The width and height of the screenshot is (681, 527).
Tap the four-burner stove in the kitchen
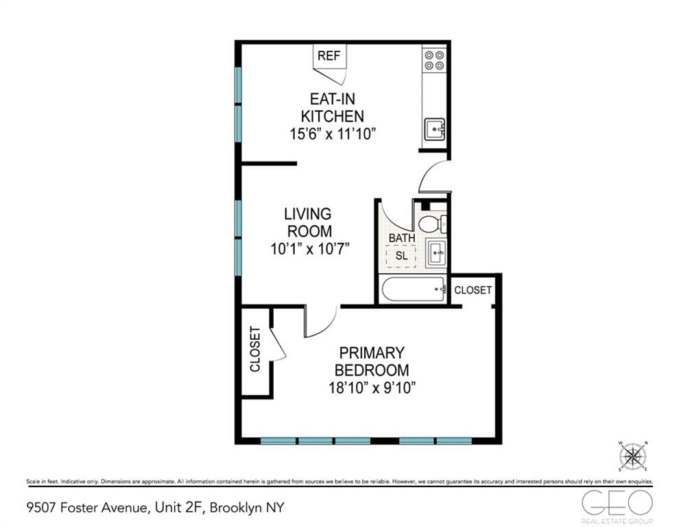coord(433,60)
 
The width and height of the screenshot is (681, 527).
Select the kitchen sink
coord(434,129)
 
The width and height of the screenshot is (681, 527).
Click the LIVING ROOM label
coord(310,223)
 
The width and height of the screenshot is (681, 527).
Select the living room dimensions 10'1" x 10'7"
coord(310,249)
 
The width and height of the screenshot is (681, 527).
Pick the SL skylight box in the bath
coord(401,255)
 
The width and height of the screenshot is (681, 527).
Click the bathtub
coord(411,290)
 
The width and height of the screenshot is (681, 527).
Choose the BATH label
coord(401,238)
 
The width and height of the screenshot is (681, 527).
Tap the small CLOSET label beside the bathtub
coord(473,290)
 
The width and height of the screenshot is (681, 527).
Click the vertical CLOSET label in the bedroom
coord(255,349)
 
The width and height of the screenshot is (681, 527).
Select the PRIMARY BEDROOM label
coord(372,362)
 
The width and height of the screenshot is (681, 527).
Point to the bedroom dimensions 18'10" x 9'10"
coord(372,388)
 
